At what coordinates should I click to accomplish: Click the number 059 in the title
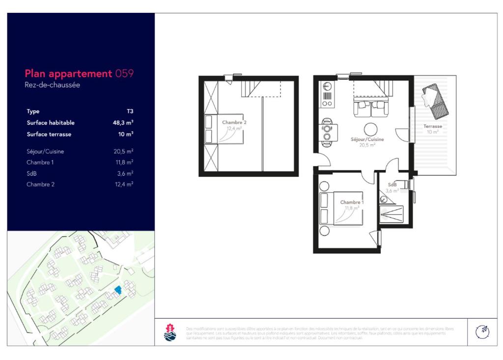124,74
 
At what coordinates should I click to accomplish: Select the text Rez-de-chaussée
53,85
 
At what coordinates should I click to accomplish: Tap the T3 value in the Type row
130,111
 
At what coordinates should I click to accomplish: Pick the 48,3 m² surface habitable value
123,123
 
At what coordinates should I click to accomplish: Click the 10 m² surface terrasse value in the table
126,134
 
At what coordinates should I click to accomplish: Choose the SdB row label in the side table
32,173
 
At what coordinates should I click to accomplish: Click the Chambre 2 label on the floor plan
234,122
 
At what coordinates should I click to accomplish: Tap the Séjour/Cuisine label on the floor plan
367,139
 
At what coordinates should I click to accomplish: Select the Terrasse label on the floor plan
433,126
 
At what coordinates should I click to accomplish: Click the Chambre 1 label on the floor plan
352,202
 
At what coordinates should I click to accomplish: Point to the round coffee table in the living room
371,129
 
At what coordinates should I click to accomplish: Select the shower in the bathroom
391,215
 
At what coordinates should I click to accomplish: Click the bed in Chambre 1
341,209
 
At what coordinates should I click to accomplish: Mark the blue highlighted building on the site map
117,290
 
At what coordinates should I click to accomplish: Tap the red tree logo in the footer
168,332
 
